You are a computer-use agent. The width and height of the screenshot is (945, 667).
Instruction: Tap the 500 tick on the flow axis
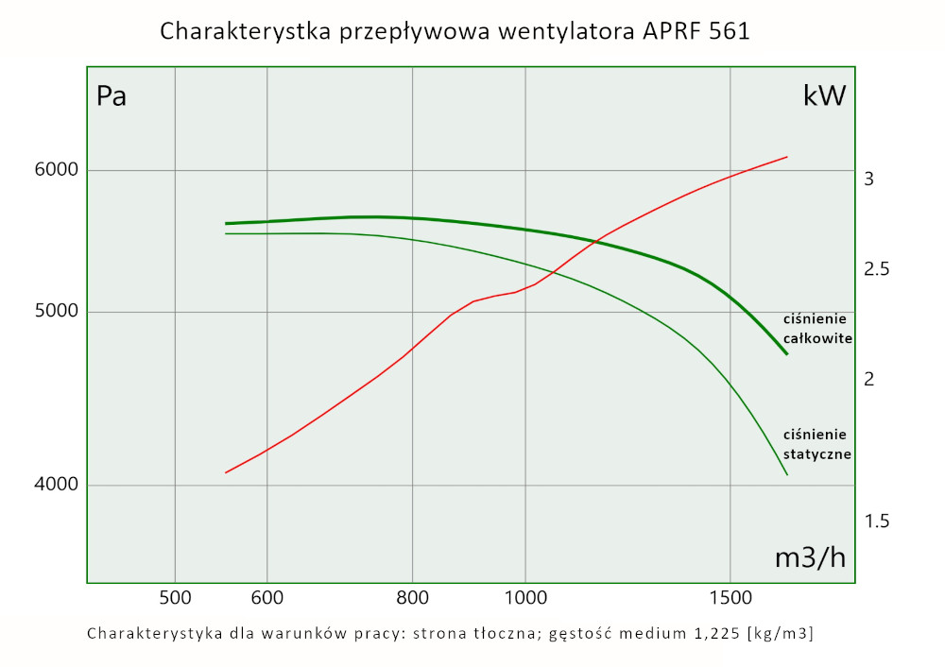[x=176, y=597]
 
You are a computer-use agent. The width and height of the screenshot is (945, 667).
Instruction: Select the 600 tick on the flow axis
[x=267, y=597]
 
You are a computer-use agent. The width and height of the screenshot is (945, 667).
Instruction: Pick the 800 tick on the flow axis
[x=414, y=597]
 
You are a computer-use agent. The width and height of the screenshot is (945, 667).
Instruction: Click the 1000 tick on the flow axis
[x=526, y=597]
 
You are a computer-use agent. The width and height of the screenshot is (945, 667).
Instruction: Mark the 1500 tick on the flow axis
[x=730, y=597]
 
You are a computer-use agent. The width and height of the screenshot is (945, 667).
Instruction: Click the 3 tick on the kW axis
[x=868, y=179]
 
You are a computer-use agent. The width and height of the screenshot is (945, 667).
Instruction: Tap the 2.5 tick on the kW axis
[x=876, y=270]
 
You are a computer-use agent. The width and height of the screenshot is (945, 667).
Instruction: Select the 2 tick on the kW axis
[x=868, y=379]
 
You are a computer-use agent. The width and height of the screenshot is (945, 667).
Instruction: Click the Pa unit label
[x=112, y=96]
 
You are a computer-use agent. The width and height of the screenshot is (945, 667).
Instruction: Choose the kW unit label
[x=824, y=95]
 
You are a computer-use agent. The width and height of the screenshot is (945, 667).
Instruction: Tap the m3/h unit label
[x=810, y=557]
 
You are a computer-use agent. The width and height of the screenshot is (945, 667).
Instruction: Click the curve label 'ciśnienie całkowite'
[x=818, y=328]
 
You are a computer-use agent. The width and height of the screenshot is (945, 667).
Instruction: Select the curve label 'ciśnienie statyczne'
[x=818, y=444]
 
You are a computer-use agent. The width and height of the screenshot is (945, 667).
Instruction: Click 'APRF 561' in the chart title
[x=695, y=32]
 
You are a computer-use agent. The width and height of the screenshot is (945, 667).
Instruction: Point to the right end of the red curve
[x=786, y=157]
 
